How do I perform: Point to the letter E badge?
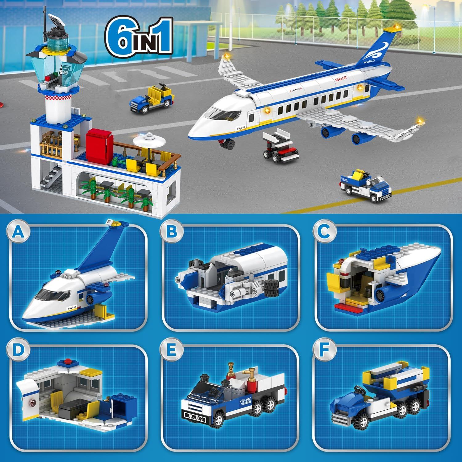171,350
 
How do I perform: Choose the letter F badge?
324,350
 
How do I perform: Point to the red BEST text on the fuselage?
341,79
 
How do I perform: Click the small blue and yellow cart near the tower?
151,97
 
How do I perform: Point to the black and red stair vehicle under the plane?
279,147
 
